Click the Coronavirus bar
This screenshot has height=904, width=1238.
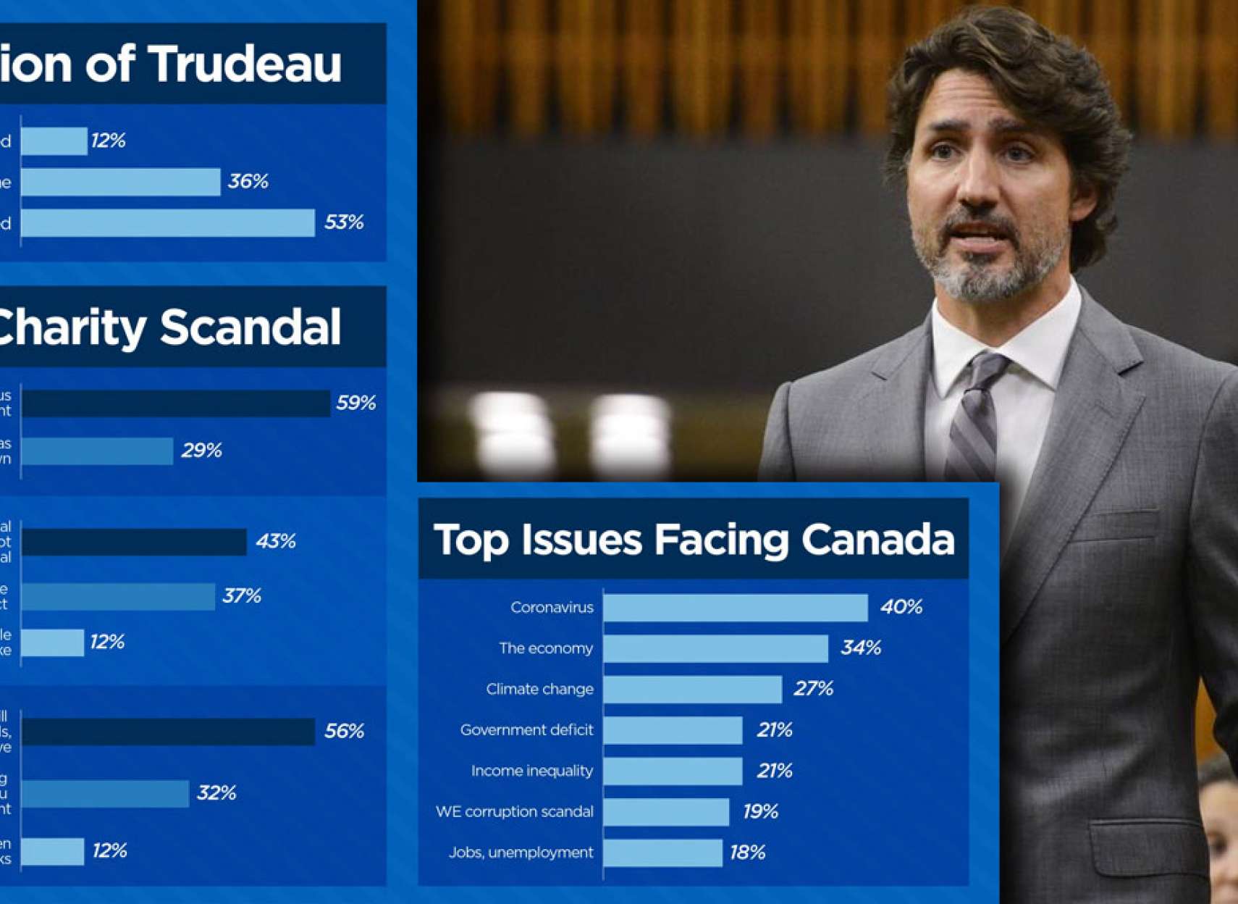(x=735, y=608)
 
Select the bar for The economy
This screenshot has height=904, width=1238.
(x=715, y=648)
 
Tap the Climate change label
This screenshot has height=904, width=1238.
(x=539, y=689)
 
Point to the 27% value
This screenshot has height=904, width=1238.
(x=813, y=688)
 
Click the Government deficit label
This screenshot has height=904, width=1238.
(x=526, y=730)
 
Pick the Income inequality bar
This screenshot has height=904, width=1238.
(x=673, y=771)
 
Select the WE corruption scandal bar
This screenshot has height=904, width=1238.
(x=666, y=812)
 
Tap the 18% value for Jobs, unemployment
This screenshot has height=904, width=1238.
(x=747, y=853)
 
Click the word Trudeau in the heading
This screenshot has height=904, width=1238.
(x=246, y=64)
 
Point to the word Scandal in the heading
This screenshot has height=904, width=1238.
(x=250, y=327)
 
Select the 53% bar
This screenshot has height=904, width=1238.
(x=168, y=222)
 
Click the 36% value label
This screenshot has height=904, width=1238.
(x=248, y=181)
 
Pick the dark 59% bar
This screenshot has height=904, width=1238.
(x=176, y=403)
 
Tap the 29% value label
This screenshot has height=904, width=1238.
(x=201, y=451)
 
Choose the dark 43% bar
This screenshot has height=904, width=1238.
(x=135, y=542)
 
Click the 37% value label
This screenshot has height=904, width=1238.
(x=241, y=596)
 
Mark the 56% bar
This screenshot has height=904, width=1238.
(x=168, y=732)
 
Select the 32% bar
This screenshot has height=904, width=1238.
(x=106, y=794)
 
